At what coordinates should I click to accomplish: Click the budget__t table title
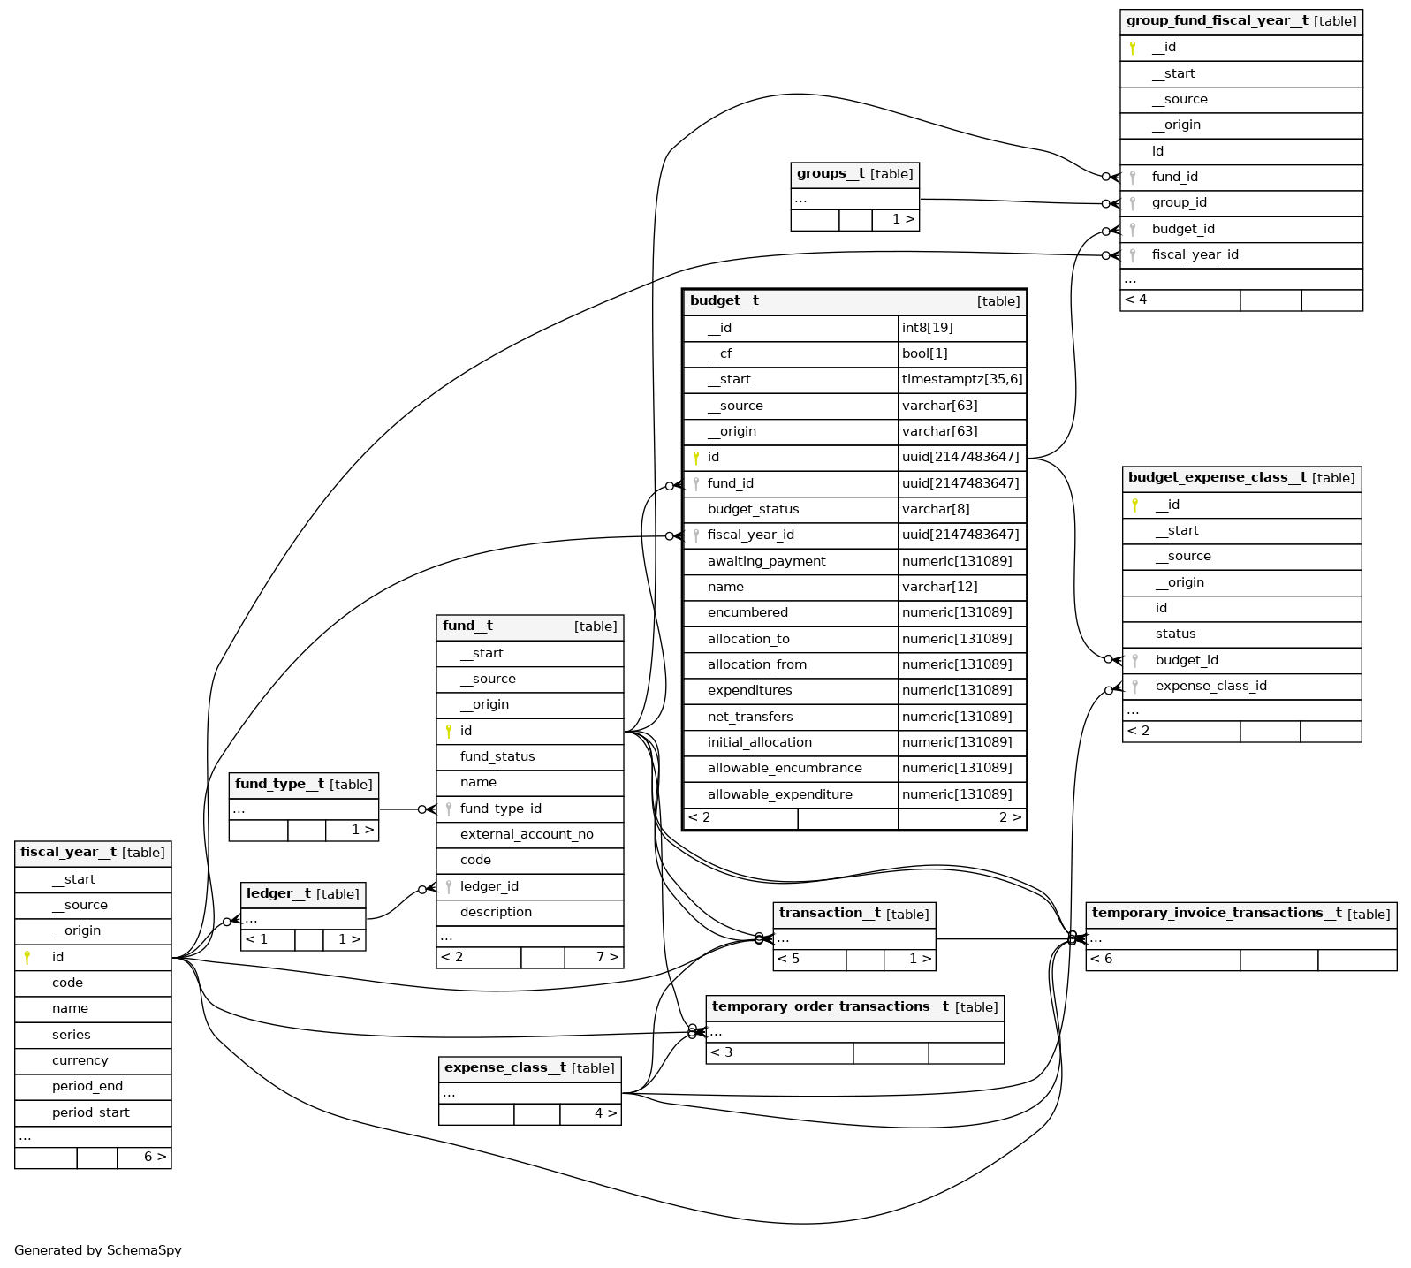pos(724,301)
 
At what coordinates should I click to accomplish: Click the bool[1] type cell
pos(924,353)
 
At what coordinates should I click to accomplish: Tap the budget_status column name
pos(753,509)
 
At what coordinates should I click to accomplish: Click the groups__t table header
pos(854,174)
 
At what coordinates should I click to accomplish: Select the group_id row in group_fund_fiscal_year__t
pos(1179,202)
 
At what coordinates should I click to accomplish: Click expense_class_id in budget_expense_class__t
pos(1210,686)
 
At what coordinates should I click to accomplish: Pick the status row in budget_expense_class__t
pos(1175,634)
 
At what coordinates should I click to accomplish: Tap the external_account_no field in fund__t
pos(527,834)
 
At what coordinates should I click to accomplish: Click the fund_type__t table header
pos(303,785)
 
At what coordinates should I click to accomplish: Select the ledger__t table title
pos(302,894)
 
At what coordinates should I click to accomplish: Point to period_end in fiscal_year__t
pos(87,1086)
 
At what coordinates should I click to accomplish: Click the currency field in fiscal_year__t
pos(80,1060)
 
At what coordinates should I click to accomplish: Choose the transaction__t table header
pos(853,914)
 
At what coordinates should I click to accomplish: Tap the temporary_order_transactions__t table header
pos(854,1007)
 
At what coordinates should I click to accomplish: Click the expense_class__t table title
pos(529,1068)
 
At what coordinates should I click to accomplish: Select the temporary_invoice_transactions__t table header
pos(1240,914)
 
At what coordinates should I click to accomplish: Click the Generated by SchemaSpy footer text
pos(98,1250)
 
